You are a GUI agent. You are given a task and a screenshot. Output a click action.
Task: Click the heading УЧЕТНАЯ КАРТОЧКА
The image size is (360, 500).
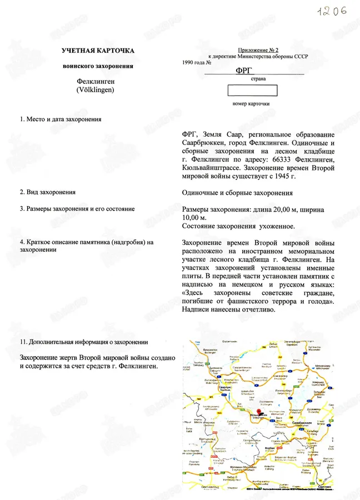coord(98,51)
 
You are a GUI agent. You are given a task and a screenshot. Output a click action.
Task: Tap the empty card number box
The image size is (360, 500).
coord(251,92)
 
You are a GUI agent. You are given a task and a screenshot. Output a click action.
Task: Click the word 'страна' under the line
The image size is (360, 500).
coord(258,79)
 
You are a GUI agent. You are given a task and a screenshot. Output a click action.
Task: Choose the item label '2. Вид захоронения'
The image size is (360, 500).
coord(48,192)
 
